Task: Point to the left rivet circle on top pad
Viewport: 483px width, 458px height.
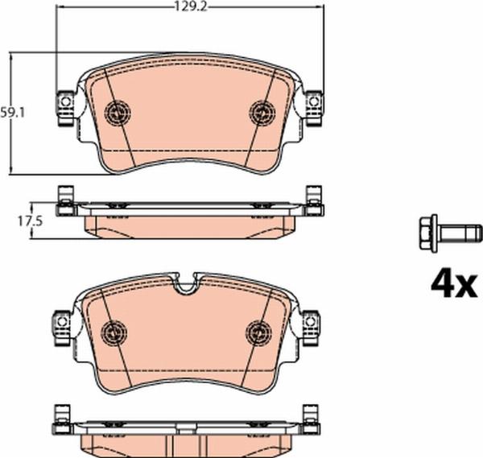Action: [x=118, y=112]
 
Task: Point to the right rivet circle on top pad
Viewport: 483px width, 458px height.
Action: [x=262, y=112]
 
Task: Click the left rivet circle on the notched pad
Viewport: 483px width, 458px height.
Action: [x=118, y=330]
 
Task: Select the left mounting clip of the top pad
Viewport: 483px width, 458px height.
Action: [x=64, y=106]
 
